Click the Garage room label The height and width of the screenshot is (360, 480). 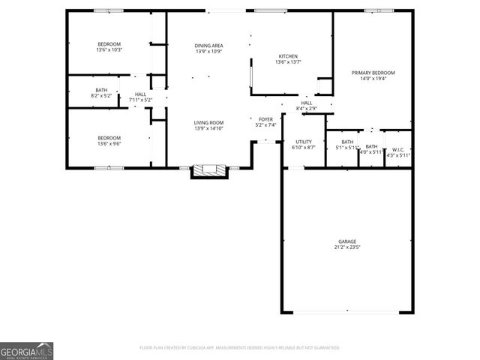tap(346, 241)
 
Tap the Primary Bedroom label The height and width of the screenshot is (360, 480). tap(373, 73)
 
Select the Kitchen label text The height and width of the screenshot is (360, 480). tap(289, 56)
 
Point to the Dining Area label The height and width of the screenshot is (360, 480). tap(209, 45)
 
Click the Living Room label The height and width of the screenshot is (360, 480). tap(209, 123)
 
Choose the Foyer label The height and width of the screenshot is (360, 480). tap(266, 119)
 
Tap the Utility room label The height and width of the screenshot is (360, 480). tap(304, 141)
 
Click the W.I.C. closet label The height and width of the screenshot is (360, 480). tap(398, 149)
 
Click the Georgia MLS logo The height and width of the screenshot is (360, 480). tap(26, 351)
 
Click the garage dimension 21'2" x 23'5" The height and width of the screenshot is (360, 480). tap(346, 247)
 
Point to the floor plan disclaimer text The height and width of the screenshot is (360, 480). tap(240, 348)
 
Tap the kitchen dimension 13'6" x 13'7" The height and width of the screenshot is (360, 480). tap(289, 62)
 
